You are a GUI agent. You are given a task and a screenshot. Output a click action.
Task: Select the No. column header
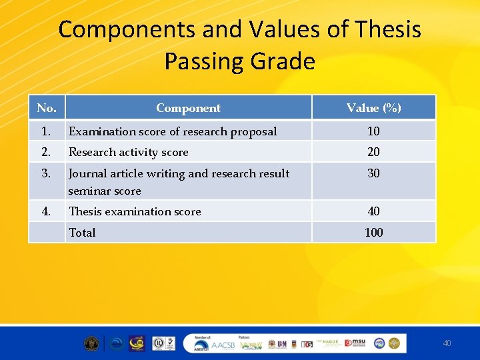(x=47, y=108)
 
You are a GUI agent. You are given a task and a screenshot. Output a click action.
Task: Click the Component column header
(x=188, y=108)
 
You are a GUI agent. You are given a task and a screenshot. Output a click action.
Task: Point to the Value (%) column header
(x=373, y=108)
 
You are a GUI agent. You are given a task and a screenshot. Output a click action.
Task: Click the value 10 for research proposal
(x=373, y=131)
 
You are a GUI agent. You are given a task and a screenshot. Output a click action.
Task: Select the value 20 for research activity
(x=373, y=152)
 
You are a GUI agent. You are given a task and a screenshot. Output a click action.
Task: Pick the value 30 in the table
(x=373, y=173)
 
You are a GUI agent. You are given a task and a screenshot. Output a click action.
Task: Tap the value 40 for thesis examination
(x=373, y=211)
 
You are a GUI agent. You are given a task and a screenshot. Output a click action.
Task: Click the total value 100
(x=373, y=233)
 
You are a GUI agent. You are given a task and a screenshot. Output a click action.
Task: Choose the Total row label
(x=82, y=233)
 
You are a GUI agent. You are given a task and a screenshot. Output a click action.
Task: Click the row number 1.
(x=46, y=131)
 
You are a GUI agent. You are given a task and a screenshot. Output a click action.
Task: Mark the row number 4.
(x=46, y=211)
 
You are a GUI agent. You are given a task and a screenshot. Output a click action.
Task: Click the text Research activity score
(x=129, y=152)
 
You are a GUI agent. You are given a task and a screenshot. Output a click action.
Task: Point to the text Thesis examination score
(x=135, y=211)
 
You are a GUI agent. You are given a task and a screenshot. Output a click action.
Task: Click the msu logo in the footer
(x=357, y=343)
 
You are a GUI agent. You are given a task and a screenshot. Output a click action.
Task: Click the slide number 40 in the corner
(x=447, y=343)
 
